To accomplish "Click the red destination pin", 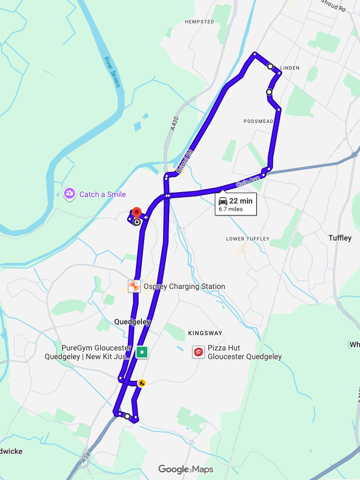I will coord(136,212).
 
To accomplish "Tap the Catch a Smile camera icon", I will coord(69,194).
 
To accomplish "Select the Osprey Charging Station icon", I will coord(134,286).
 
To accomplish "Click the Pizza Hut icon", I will coord(199,352).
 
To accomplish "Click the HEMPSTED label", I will coord(200,22).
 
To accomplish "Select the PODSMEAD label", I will coord(258,121).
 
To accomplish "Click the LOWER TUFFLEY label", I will coord(248,239).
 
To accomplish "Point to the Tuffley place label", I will coord(340,238).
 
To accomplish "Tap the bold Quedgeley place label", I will coord(132,322).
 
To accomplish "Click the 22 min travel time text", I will coord(241,201).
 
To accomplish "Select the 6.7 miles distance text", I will coord(231,208).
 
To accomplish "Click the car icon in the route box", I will coord(223,201).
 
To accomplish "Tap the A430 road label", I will coord(174,124).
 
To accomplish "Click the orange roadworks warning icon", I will coord(141,383).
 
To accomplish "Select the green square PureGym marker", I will coord(142,352).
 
